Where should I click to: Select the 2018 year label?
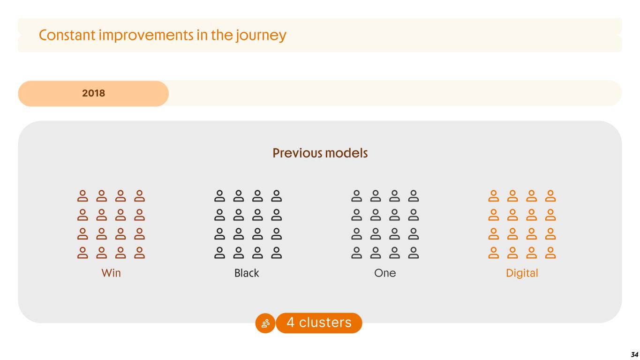93,93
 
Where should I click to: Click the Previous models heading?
320,153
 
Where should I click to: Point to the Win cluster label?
111,273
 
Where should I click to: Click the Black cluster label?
247,273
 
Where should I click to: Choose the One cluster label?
385,273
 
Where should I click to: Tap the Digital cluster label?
522,273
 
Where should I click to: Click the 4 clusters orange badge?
319,323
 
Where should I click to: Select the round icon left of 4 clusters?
265,323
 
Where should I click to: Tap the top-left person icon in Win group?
83,196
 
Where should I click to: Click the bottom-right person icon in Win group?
139,253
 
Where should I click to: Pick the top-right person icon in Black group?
277,196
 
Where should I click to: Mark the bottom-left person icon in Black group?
219,253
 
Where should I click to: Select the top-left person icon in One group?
357,196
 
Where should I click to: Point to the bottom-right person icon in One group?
414,253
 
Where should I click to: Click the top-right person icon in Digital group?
550,196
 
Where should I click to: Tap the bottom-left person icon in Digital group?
493,253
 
